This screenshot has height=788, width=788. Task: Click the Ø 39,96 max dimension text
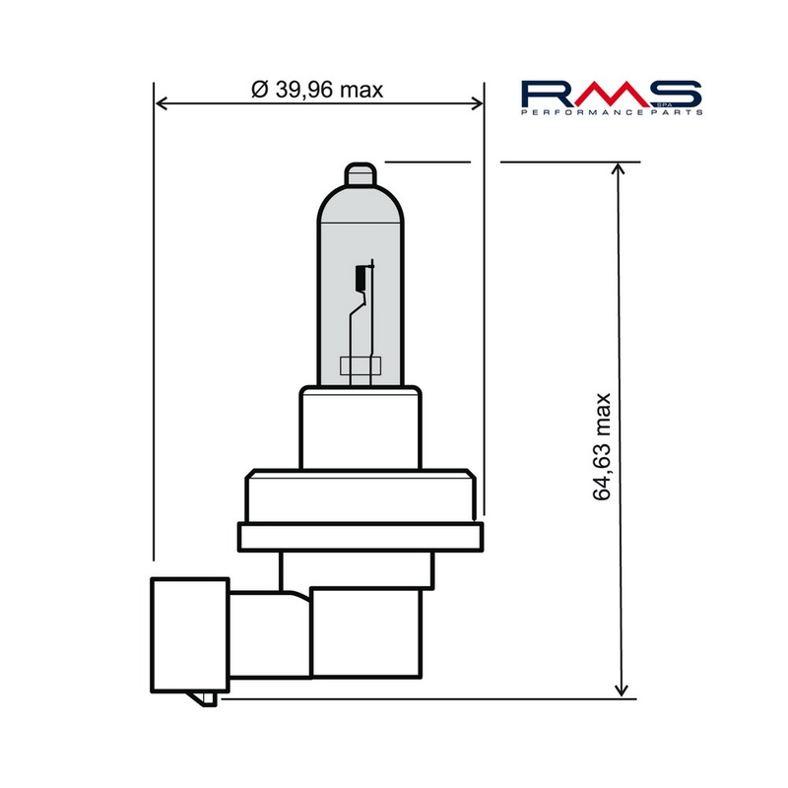[x=316, y=90]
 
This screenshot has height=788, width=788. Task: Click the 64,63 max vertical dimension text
[x=603, y=446]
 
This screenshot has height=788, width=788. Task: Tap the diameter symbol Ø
[x=259, y=90]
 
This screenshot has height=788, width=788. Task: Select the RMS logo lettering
[x=611, y=94]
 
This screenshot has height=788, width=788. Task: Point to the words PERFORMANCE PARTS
[x=611, y=114]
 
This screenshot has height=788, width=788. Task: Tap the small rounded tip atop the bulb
[x=361, y=173]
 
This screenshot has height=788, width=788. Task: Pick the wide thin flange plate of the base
[x=362, y=538]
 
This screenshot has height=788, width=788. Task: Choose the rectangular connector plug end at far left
[x=191, y=634]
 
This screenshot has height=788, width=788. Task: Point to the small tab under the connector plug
[x=206, y=698]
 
